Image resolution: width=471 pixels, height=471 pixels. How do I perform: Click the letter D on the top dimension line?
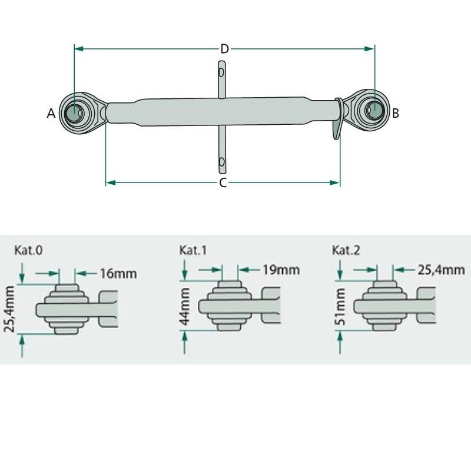(x=224, y=49)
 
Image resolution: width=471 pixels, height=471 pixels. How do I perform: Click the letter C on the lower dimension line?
(x=223, y=183)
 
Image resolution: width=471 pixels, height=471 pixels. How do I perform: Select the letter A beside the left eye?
(x=51, y=114)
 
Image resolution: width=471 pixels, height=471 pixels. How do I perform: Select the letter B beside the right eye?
(x=396, y=113)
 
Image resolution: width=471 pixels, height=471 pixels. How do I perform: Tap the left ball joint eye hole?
(x=75, y=111)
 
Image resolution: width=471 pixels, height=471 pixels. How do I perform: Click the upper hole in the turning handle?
(x=221, y=74)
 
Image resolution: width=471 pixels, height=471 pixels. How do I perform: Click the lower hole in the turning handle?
(x=221, y=161)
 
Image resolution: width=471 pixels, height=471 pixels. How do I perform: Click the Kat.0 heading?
(x=28, y=250)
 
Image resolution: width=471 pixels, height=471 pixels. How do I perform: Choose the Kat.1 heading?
(x=193, y=250)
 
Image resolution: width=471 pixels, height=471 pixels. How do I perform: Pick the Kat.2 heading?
(x=347, y=250)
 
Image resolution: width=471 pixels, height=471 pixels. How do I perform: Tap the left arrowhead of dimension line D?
(x=77, y=49)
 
